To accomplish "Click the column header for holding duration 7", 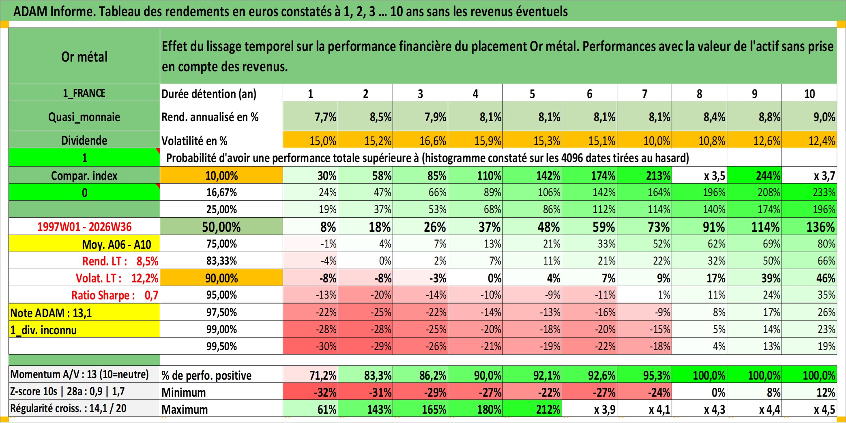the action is tap(644, 93).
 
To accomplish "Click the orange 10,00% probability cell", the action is tap(221, 175).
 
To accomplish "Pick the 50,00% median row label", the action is tap(221, 226).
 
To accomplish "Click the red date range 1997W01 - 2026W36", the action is tap(84, 226).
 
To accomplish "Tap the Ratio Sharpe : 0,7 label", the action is tap(115, 295).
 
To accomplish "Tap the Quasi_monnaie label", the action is tap(84, 117).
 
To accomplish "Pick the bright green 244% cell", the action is tap(754, 175).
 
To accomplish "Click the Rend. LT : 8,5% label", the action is tap(120, 261).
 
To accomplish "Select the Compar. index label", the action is tap(84, 175).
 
